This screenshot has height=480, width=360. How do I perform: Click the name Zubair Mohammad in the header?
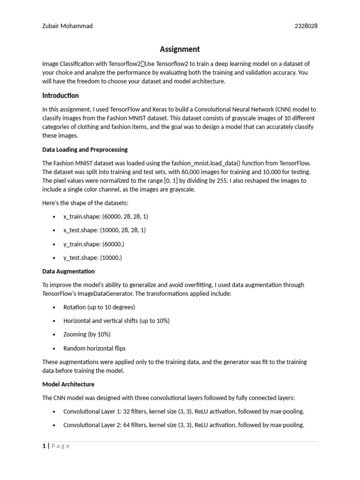click(x=67, y=26)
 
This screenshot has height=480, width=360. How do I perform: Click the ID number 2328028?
click(x=306, y=26)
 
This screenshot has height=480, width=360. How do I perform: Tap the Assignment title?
click(x=180, y=49)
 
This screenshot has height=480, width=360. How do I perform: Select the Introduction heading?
click(x=60, y=96)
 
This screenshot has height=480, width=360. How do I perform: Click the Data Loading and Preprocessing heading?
click(x=85, y=150)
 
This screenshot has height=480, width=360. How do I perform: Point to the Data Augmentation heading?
click(x=68, y=271)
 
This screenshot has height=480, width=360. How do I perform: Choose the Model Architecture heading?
click(x=68, y=384)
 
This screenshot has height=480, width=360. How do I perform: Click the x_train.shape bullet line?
click(x=105, y=217)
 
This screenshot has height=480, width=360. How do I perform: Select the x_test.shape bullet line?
click(x=105, y=230)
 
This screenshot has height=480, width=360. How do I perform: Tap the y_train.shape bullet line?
click(x=94, y=244)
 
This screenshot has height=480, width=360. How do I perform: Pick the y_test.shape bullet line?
click(x=93, y=257)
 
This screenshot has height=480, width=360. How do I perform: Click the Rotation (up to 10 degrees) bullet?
click(x=99, y=307)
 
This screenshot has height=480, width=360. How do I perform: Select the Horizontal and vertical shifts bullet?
click(x=116, y=321)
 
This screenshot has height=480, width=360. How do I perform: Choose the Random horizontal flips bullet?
click(x=95, y=348)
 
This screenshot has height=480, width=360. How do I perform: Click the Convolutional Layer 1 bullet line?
click(x=184, y=411)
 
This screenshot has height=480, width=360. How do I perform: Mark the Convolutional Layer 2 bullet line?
click(x=184, y=425)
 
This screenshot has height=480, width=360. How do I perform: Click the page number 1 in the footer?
click(x=44, y=446)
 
